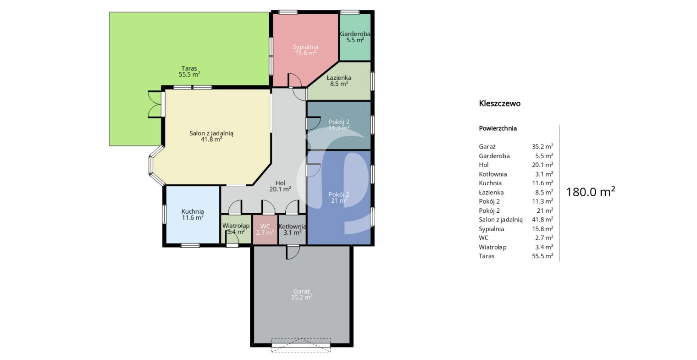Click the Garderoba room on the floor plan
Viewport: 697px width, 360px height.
(355, 37)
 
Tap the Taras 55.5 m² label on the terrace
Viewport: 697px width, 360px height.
(189, 71)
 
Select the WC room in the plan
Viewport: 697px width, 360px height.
(265, 230)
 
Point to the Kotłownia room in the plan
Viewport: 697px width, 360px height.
(292, 230)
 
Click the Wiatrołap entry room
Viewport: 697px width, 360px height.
(236, 229)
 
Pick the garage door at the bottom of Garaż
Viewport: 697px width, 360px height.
(301, 345)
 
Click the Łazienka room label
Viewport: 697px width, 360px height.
(339, 81)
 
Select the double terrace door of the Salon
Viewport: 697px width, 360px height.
(155, 104)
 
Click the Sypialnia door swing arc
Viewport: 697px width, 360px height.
(295, 80)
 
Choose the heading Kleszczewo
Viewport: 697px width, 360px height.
(499, 104)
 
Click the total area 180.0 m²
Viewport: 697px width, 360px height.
(590, 192)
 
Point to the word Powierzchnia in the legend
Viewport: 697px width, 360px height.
(498, 128)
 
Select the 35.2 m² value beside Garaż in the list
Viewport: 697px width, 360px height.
(542, 146)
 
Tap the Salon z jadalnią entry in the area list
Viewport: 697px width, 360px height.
(501, 220)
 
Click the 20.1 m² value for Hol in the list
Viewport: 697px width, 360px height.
(542, 165)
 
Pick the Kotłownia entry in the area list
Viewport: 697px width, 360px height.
(493, 174)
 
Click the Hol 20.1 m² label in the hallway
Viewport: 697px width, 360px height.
(280, 186)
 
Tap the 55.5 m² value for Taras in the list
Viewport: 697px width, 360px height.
(542, 256)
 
